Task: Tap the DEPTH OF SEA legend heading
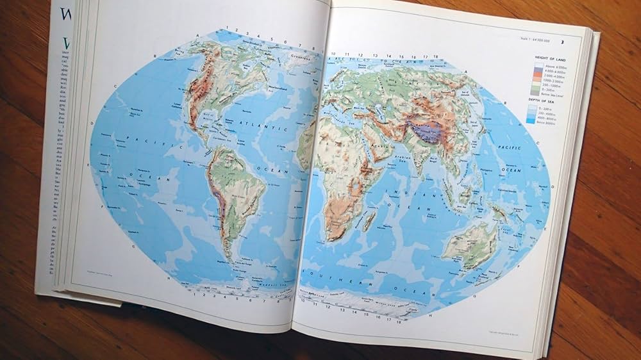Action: click(x=541, y=101)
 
